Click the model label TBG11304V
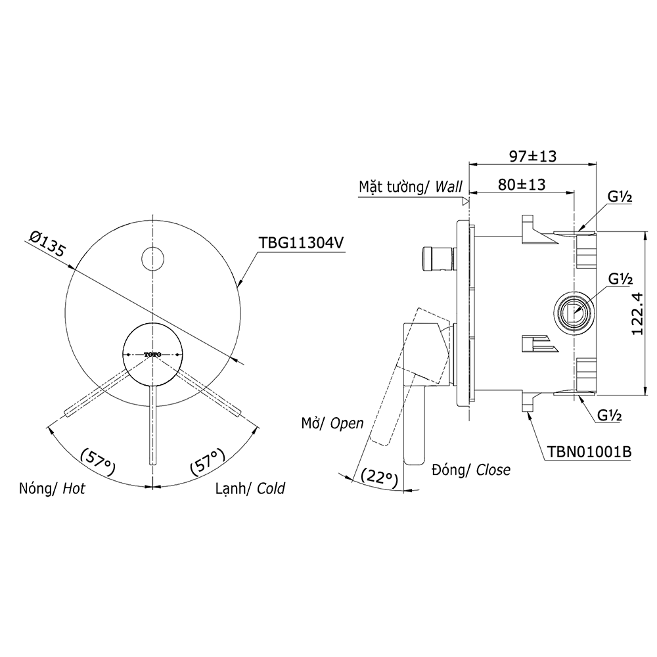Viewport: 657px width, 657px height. click(302, 242)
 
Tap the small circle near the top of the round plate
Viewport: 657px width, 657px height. click(152, 258)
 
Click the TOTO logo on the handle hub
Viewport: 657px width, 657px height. click(152, 355)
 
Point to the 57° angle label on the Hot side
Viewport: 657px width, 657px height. click(97, 461)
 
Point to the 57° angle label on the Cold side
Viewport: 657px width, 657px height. click(207, 461)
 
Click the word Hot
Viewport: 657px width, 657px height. click(74, 489)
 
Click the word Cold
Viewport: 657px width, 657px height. click(271, 489)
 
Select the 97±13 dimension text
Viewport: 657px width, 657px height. click(533, 156)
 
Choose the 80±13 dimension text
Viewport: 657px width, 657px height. click(522, 185)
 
